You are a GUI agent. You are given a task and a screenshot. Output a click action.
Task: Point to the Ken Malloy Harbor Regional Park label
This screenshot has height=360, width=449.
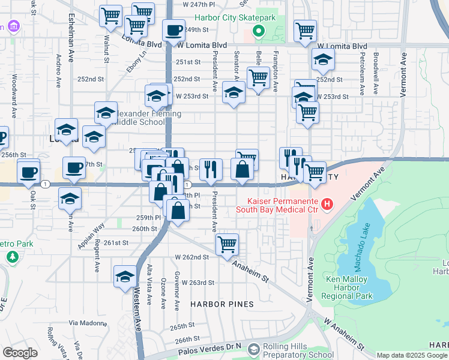pos(349,287)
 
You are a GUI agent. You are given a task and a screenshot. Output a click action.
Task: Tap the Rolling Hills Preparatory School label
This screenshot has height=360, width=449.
pos(294,350)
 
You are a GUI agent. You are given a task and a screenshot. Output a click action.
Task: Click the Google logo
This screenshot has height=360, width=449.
pos(20,353)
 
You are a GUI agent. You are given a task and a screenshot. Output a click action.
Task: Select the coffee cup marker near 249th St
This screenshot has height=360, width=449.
pos(174,29)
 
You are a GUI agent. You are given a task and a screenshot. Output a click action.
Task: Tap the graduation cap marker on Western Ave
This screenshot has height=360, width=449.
pos(125,276)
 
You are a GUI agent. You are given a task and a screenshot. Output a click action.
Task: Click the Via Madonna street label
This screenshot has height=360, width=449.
pos(83,322)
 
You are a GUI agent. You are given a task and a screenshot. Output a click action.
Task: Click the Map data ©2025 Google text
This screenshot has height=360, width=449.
pos(412,355)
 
